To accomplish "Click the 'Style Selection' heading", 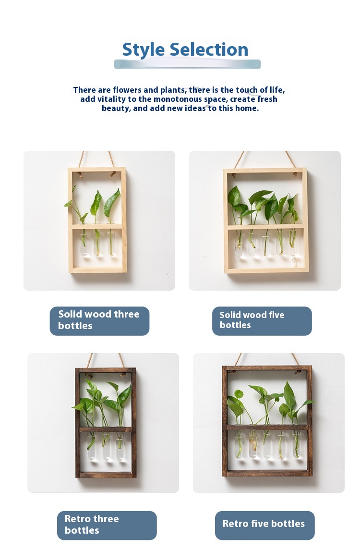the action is pyautogui.click(x=185, y=49).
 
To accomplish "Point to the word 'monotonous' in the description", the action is pyautogui.click(x=178, y=99).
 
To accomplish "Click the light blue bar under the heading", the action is pyautogui.click(x=187, y=64).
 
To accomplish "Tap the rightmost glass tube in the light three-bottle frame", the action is pyautogui.click(x=111, y=243).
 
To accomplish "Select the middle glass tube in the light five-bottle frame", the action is pyautogui.click(x=265, y=244).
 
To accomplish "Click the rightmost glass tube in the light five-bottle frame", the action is pyautogui.click(x=293, y=244).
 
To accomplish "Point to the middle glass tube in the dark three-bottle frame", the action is pyautogui.click(x=106, y=446).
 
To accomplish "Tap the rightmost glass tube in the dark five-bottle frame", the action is pyautogui.click(x=297, y=444).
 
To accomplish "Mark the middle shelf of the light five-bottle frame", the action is pyautogui.click(x=265, y=227).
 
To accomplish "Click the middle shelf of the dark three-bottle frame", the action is pyautogui.click(x=106, y=429).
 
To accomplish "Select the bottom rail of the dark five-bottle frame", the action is pyautogui.click(x=267, y=473).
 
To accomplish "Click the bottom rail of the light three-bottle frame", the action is pyautogui.click(x=97, y=270).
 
